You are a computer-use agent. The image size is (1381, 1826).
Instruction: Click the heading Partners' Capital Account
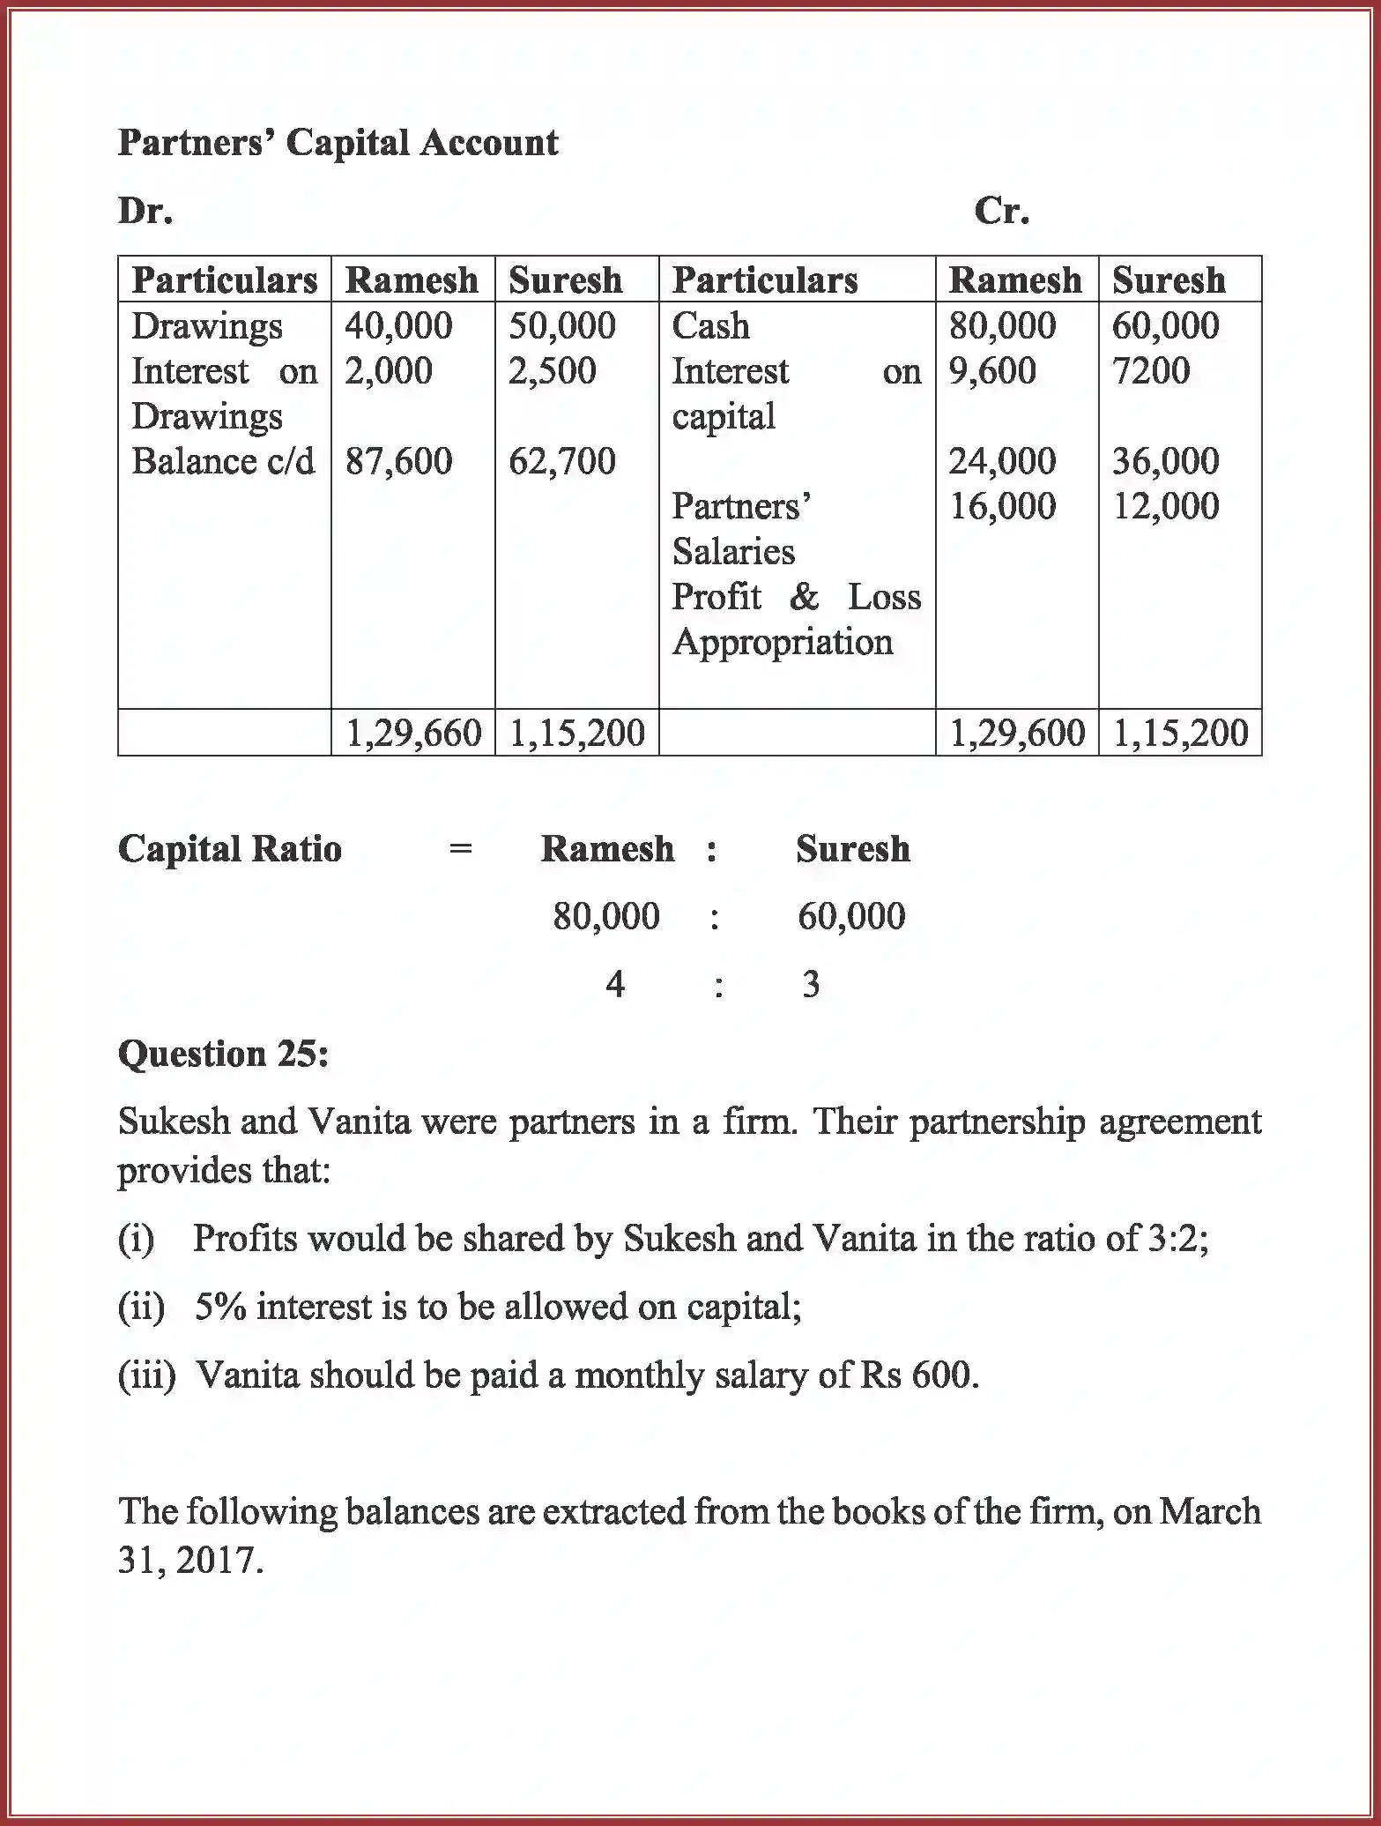coord(338,143)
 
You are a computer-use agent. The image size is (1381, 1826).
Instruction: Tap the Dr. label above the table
coord(145,211)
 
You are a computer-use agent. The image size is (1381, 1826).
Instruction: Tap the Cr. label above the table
coord(1001,211)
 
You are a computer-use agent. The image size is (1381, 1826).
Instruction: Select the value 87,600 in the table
coord(398,461)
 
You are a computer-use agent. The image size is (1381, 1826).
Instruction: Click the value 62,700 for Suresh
coord(561,461)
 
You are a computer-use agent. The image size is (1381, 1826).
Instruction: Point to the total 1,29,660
coord(413,734)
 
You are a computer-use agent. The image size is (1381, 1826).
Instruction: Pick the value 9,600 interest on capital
coord(991,371)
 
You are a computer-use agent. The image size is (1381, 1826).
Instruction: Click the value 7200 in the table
coord(1150,371)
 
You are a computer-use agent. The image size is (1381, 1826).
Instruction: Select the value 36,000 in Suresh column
coord(1165,461)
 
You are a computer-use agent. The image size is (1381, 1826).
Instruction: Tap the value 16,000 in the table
coord(1002,506)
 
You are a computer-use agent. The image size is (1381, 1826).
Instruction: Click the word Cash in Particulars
coord(710,326)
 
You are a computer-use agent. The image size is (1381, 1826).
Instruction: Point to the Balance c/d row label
coord(223,461)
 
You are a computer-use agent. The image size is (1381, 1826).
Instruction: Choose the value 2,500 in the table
coord(552,371)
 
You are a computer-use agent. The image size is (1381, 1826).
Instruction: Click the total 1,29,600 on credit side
coord(1017,734)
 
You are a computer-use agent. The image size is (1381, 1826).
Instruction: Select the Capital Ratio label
coord(230,849)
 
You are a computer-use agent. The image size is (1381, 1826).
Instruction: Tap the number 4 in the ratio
coord(615,984)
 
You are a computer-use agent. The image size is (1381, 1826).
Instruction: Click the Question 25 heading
coord(223,1054)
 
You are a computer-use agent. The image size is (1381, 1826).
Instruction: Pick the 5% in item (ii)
coord(220,1307)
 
